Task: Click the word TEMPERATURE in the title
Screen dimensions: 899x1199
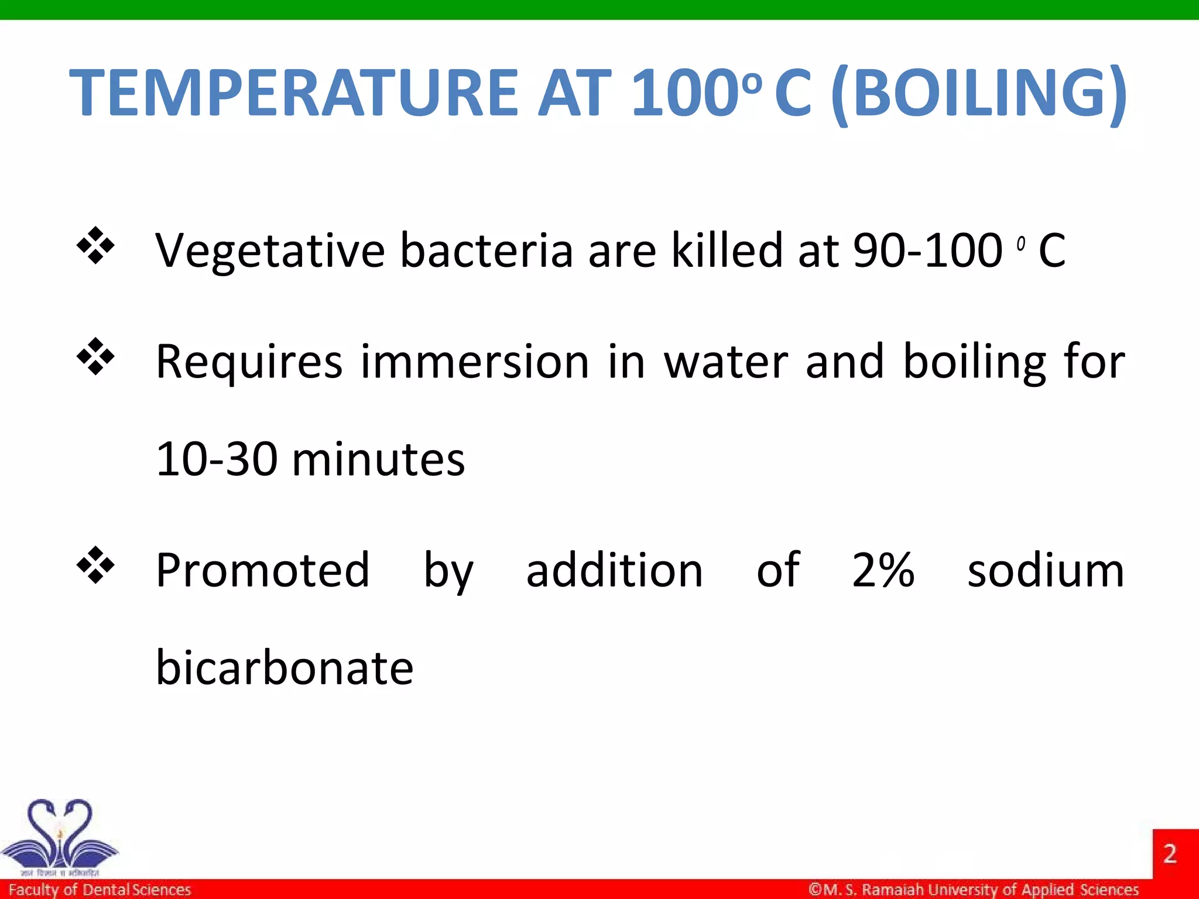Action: point(293,92)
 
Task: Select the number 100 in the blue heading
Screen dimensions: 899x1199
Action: point(685,92)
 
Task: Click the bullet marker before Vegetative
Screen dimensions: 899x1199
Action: point(95,246)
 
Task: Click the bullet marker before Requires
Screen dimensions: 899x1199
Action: point(95,356)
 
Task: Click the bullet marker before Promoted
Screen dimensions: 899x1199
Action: point(95,565)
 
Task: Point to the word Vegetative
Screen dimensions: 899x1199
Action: point(269,251)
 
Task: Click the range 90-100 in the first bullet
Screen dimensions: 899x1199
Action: point(927,251)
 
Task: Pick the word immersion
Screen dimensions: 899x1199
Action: point(474,361)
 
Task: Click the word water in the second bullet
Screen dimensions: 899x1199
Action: point(726,361)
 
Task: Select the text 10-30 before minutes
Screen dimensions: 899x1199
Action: point(216,459)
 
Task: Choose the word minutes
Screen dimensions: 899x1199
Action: point(378,459)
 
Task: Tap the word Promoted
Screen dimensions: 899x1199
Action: point(262,570)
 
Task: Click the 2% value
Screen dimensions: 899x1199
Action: point(883,570)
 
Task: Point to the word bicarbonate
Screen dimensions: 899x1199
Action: point(285,668)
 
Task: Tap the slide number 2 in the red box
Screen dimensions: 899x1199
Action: point(1170,853)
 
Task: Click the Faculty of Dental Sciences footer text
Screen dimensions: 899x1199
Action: point(100,890)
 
